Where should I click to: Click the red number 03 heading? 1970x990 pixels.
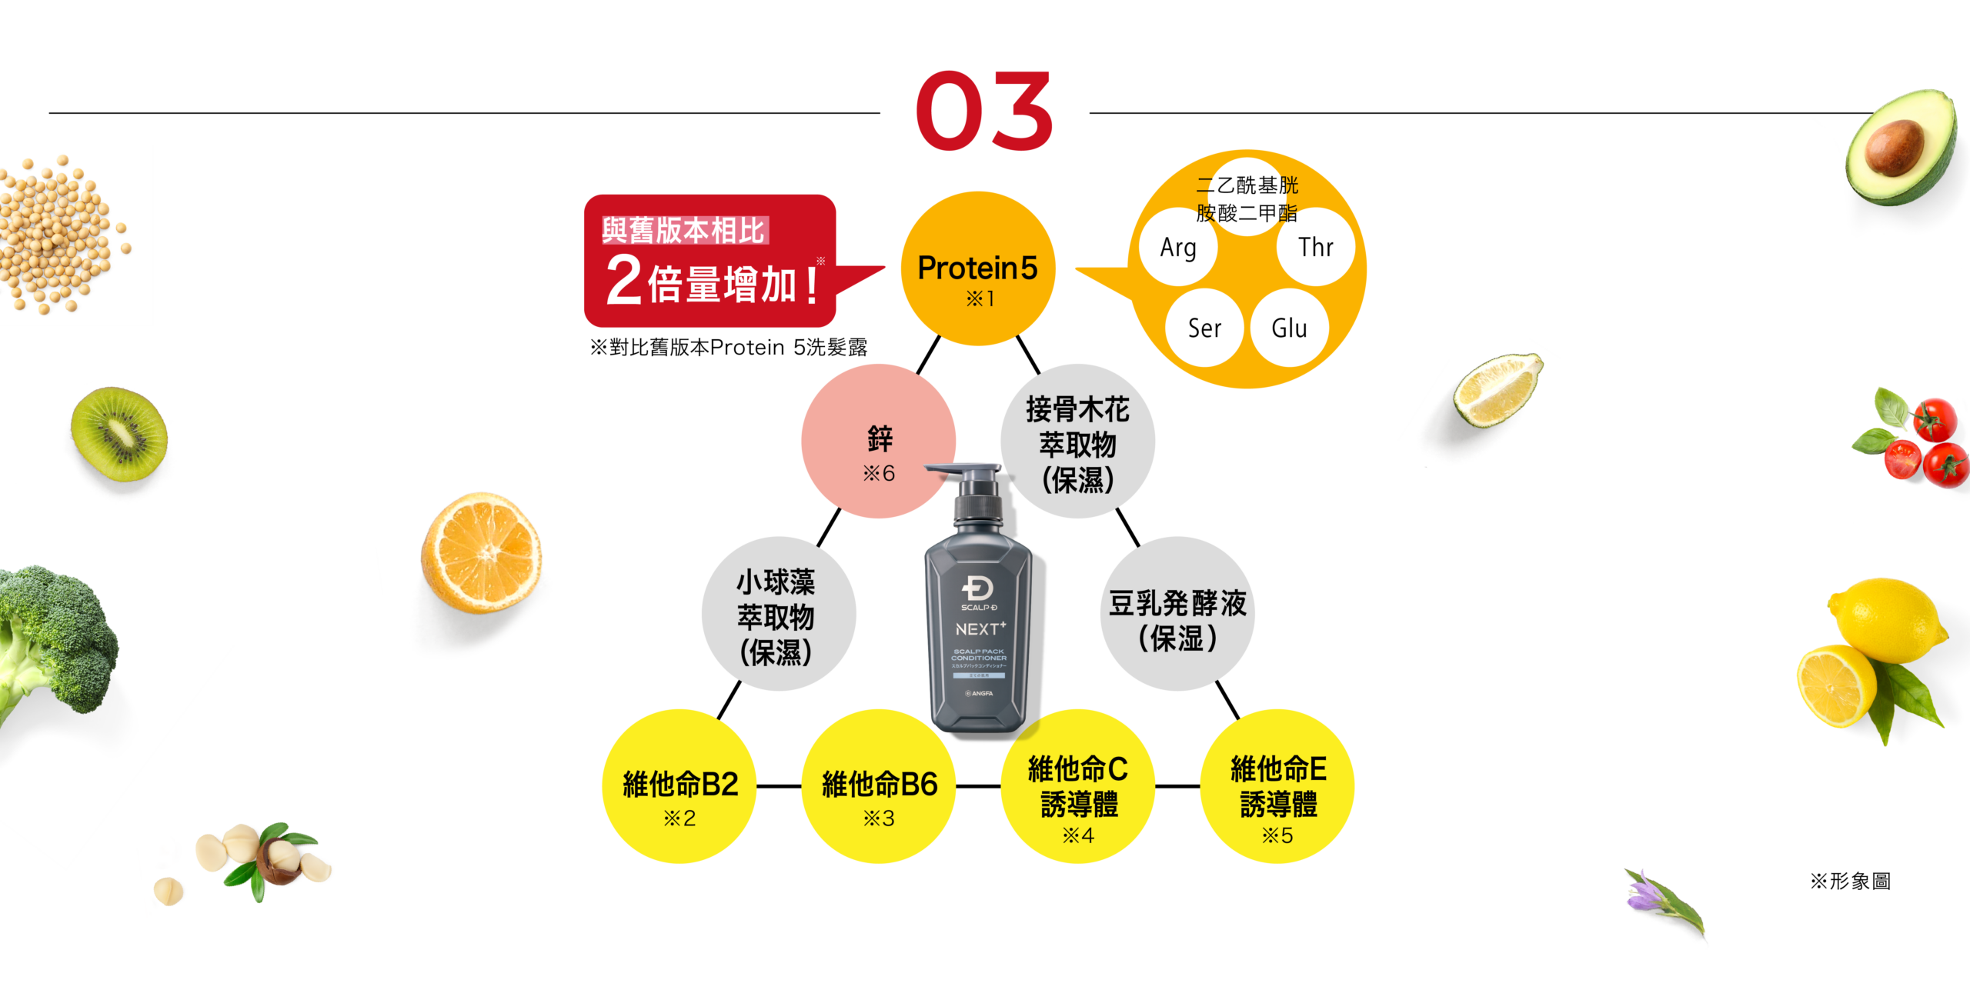(x=983, y=112)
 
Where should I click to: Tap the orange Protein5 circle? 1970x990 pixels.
(x=977, y=269)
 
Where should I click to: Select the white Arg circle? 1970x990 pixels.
(x=1178, y=248)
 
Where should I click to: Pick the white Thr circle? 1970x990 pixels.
(x=1315, y=248)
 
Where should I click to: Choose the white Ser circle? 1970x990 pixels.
(x=1204, y=328)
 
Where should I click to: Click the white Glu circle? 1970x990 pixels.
(x=1289, y=328)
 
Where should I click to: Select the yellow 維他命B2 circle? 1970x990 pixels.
(x=679, y=786)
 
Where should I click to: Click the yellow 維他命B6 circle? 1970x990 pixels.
(x=879, y=786)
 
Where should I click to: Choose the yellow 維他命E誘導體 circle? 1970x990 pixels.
(x=1277, y=786)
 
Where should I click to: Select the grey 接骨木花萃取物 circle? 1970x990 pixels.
(x=1077, y=442)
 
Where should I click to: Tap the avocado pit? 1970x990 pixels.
(x=1895, y=146)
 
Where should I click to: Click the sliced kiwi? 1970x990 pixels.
(x=119, y=435)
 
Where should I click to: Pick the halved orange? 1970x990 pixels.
(x=482, y=552)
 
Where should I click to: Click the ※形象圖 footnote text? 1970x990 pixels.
(x=1850, y=882)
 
